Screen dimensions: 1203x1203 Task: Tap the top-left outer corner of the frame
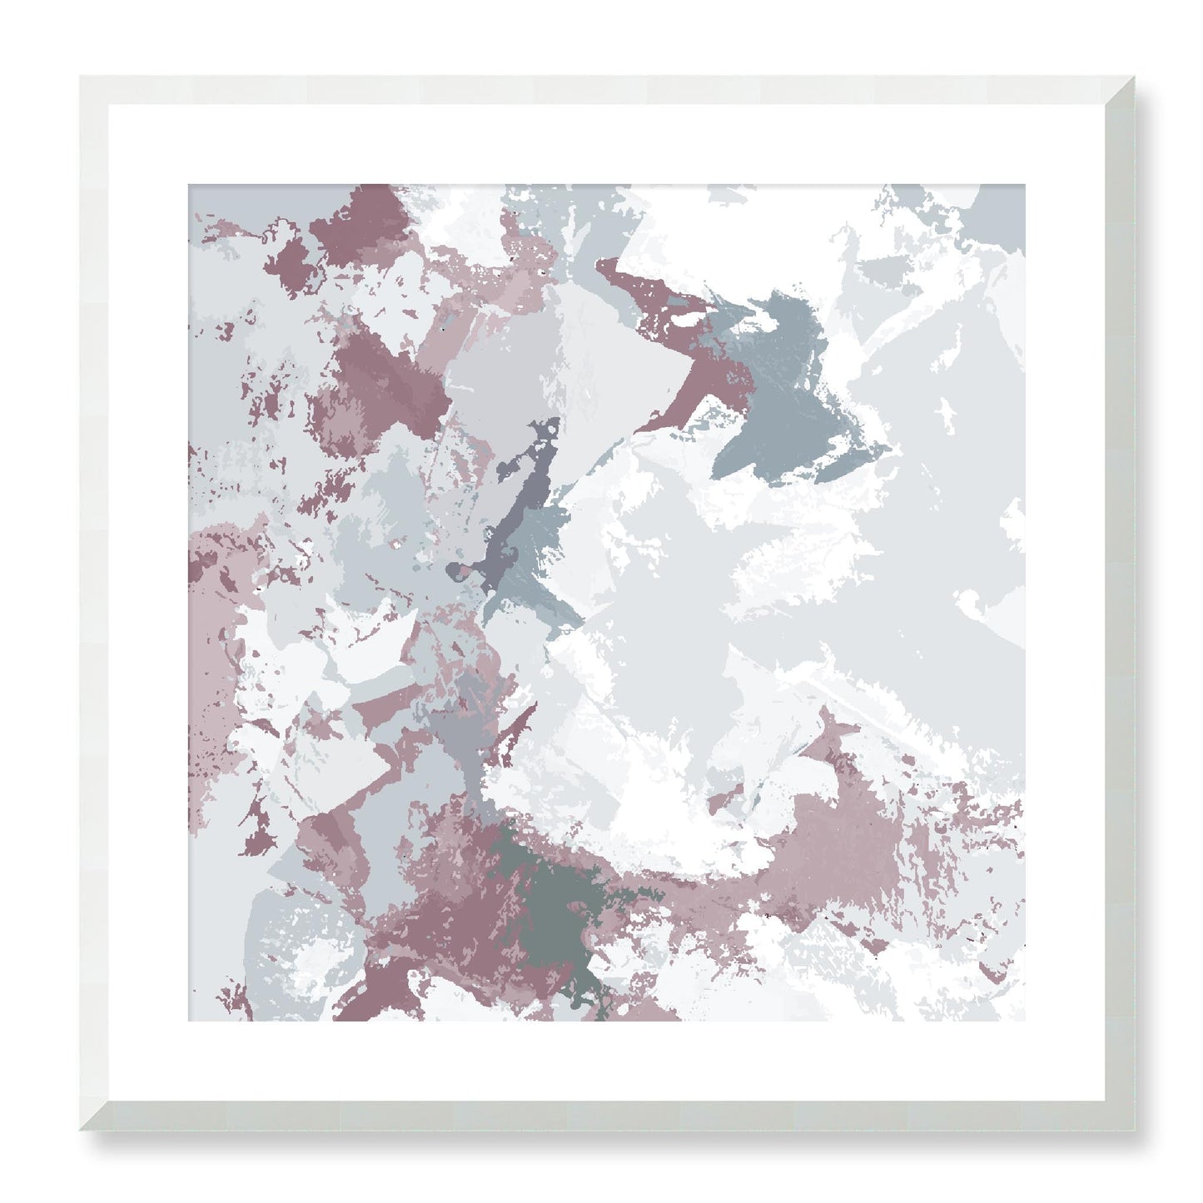(81, 77)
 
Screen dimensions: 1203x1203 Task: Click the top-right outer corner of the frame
(1134, 77)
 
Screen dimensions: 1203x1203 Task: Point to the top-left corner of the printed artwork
(188, 185)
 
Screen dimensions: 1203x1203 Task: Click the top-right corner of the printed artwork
(1025, 185)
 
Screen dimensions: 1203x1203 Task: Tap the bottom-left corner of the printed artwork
(188, 1022)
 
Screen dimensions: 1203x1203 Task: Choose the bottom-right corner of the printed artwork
(1025, 1022)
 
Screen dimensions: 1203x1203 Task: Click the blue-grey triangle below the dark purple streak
(545, 574)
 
